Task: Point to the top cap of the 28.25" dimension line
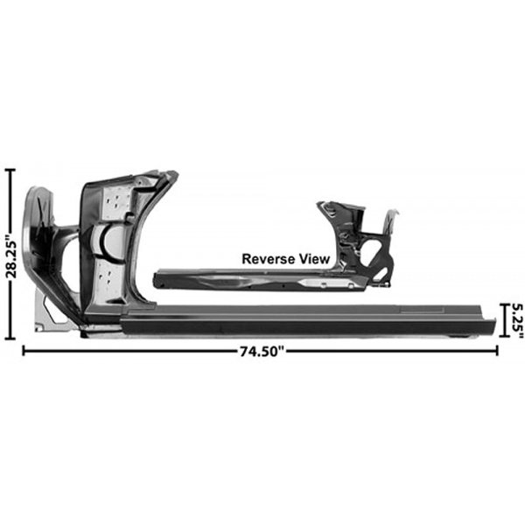[10, 170]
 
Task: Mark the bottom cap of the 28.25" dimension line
[10, 338]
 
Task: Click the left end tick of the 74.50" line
[23, 351]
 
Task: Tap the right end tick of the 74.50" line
[497, 351]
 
